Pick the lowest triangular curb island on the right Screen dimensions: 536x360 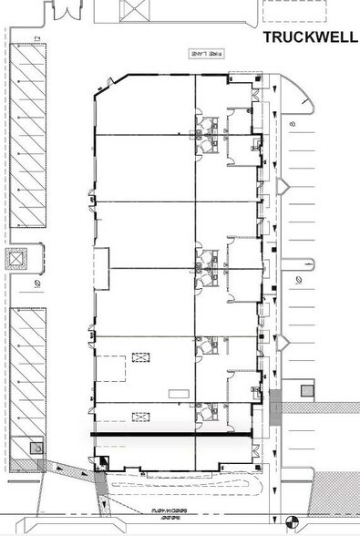click(283, 343)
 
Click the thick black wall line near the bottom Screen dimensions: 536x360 click(173, 438)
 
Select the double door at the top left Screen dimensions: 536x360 click(67, 10)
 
